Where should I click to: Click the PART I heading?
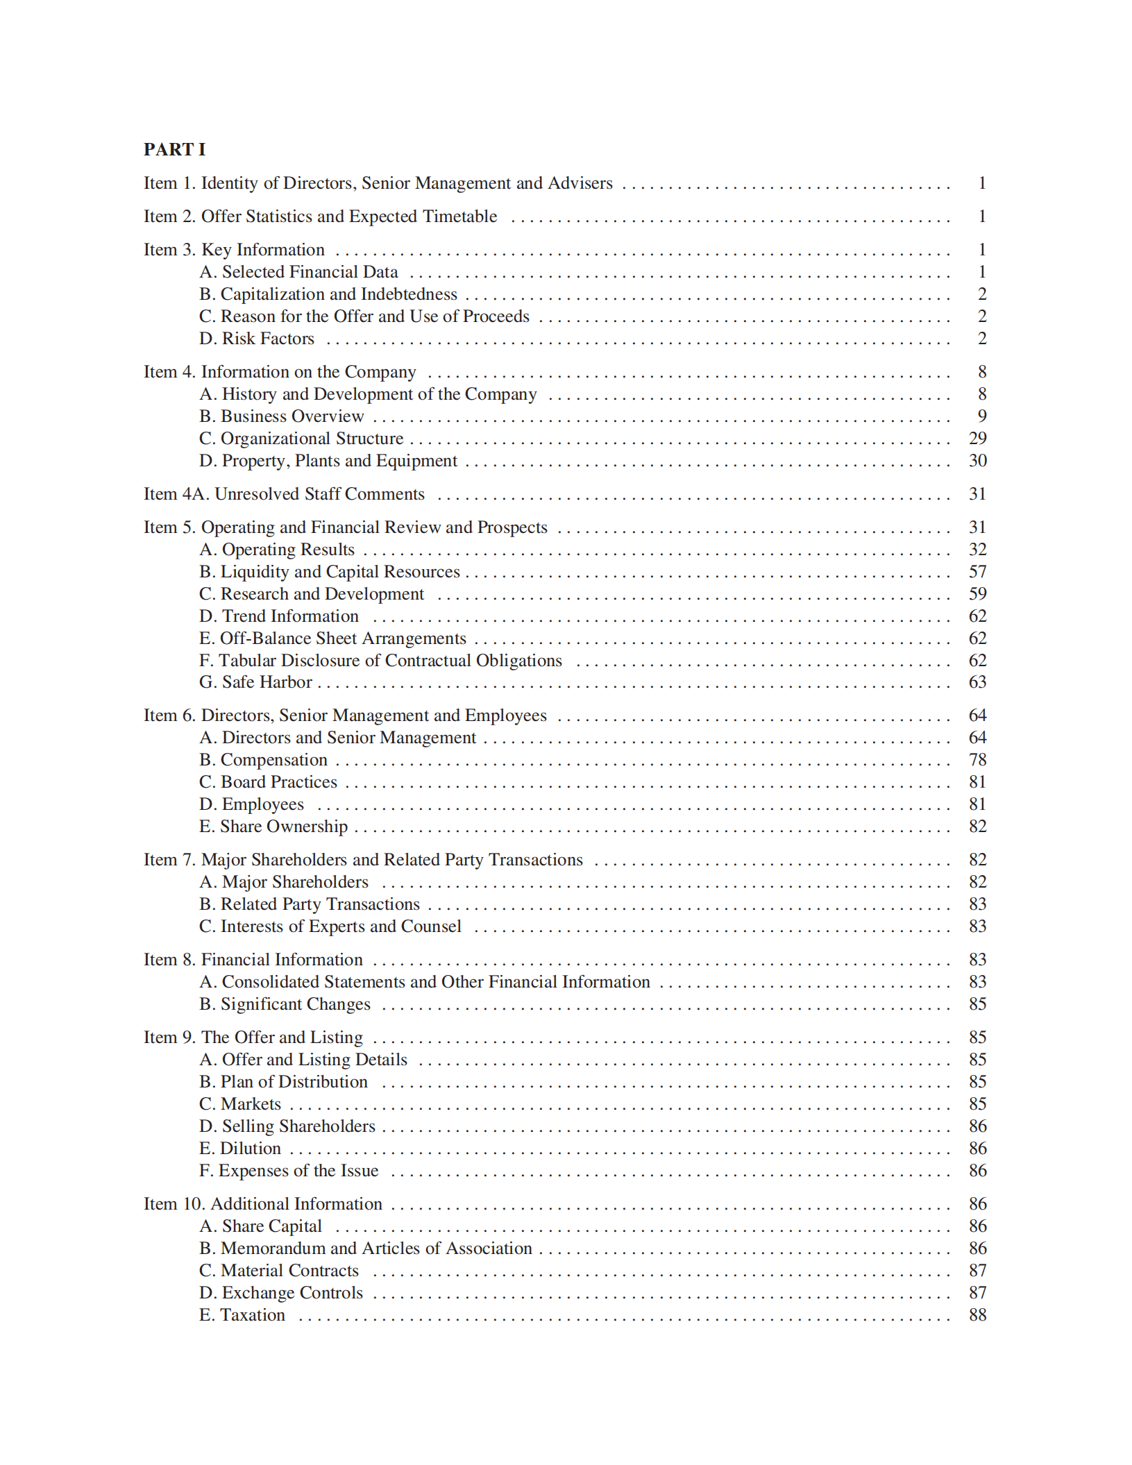point(174,150)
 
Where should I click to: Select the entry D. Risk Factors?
point(257,339)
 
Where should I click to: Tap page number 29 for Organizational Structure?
point(977,439)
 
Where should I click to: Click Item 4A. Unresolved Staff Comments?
point(284,494)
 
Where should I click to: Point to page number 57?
point(977,572)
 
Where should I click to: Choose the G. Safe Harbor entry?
point(255,682)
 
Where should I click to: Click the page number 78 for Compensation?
point(977,760)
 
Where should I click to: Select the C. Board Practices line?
point(268,782)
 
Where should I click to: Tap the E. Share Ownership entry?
point(273,827)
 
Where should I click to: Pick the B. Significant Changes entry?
point(285,1004)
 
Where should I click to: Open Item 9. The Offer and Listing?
point(253,1038)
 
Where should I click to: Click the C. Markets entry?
point(240,1104)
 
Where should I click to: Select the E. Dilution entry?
point(240,1149)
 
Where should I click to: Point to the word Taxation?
point(253,1315)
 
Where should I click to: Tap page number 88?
point(977,1315)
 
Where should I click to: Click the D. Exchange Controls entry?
point(281,1293)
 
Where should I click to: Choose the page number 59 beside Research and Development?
point(977,594)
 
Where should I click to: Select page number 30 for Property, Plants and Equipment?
point(977,461)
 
